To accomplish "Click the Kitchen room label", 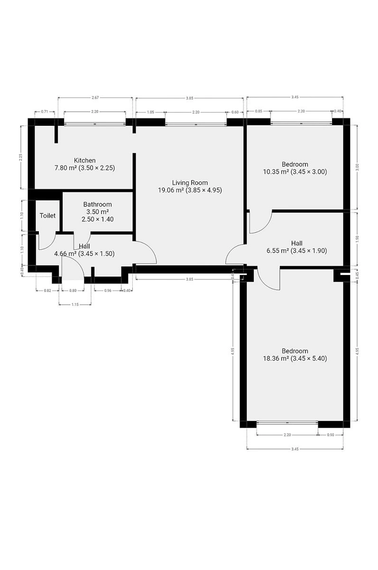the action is point(84,161).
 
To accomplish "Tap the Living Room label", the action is point(190,182).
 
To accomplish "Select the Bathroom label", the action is point(98,204).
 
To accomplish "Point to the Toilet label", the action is point(47,216).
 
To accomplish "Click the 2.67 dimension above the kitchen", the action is point(95,97).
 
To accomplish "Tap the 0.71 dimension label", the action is point(45,111).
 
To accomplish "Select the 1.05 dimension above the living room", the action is point(151,112).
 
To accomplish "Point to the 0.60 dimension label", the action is point(235,112).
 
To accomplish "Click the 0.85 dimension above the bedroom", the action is point(258,111).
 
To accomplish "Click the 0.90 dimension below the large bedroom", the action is point(330,435).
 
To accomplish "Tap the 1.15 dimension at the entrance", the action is point(75,304).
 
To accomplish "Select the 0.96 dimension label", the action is point(108,290).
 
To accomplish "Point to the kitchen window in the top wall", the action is point(95,124).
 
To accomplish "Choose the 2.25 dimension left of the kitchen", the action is point(21,157).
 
